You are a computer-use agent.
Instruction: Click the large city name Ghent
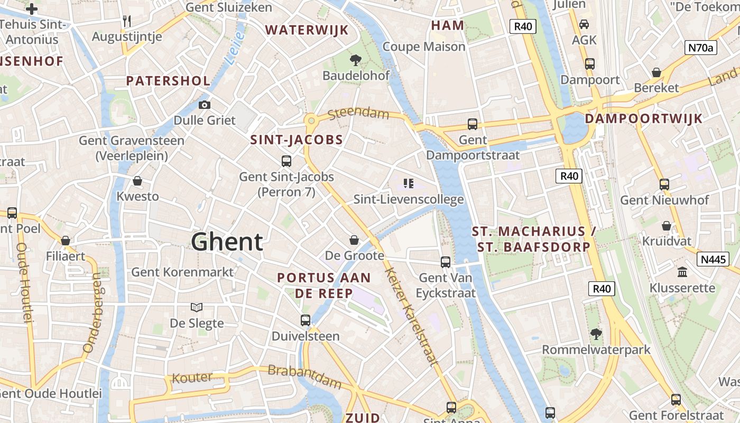click(x=227, y=242)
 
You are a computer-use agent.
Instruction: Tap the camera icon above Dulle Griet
click(x=205, y=105)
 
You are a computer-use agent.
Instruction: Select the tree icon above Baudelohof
click(x=356, y=60)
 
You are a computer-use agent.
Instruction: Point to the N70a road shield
click(x=701, y=48)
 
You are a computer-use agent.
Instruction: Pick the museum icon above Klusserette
click(x=682, y=272)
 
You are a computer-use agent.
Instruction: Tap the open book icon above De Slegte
click(x=197, y=307)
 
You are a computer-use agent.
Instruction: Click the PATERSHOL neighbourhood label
click(x=168, y=81)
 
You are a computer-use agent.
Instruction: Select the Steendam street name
click(x=358, y=114)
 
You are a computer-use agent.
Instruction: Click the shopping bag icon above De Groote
click(x=354, y=241)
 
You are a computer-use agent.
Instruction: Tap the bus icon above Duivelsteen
click(x=306, y=320)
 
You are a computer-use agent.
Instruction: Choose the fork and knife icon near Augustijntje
click(x=126, y=21)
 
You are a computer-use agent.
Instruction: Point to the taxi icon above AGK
click(x=584, y=24)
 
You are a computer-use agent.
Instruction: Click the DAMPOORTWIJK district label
click(x=644, y=118)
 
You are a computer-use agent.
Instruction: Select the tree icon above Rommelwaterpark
click(x=596, y=334)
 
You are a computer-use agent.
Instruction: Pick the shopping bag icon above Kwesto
click(x=137, y=181)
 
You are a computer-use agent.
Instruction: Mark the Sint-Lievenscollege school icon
click(x=408, y=183)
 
